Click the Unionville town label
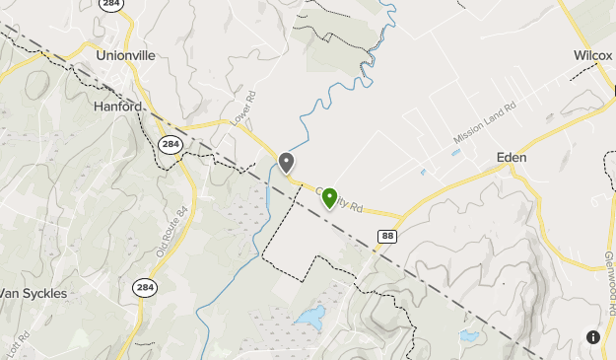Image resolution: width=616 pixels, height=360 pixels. (x=126, y=56)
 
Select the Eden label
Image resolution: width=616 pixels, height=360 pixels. (x=512, y=158)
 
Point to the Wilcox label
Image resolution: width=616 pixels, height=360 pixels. (x=593, y=56)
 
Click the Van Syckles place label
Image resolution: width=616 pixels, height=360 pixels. (x=33, y=293)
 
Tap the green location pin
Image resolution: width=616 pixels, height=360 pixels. (x=330, y=198)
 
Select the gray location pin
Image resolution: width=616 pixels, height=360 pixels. (x=287, y=163)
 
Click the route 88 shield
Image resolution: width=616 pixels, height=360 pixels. (x=387, y=234)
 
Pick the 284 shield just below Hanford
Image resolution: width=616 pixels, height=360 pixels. (x=170, y=145)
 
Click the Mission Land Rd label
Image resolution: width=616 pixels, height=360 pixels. (x=485, y=122)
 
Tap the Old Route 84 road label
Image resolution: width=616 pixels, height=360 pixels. (x=171, y=233)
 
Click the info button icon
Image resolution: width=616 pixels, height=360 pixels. (x=593, y=337)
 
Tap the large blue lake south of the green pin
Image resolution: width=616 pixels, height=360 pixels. (x=309, y=318)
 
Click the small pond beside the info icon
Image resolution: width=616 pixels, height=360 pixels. (x=469, y=336)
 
